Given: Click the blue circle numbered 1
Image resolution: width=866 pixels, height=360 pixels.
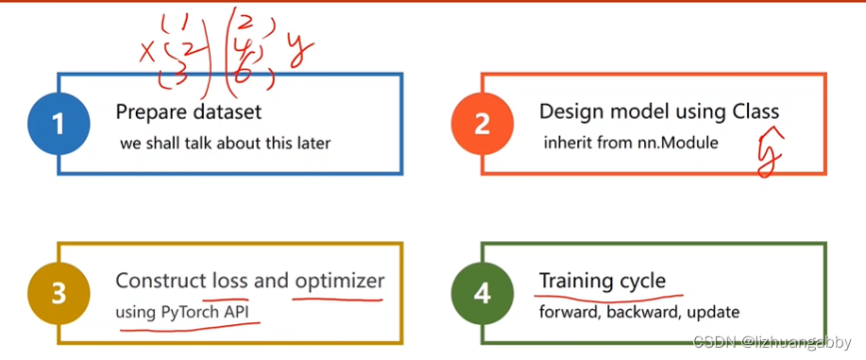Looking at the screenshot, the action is point(59,124).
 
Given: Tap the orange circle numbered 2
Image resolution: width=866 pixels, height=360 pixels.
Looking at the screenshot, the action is point(483,124).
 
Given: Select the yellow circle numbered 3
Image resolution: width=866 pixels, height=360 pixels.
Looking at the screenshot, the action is point(59,294).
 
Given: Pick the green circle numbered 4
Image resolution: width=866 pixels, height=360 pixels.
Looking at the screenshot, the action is point(483,294).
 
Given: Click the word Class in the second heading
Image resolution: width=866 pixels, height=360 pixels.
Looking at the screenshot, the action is point(756,111).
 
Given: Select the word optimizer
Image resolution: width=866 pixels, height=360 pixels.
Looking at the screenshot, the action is point(339,282).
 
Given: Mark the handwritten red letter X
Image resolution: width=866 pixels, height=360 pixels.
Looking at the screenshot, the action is point(147,53).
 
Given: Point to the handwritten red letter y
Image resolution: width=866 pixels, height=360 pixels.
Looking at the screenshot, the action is point(300,51).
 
